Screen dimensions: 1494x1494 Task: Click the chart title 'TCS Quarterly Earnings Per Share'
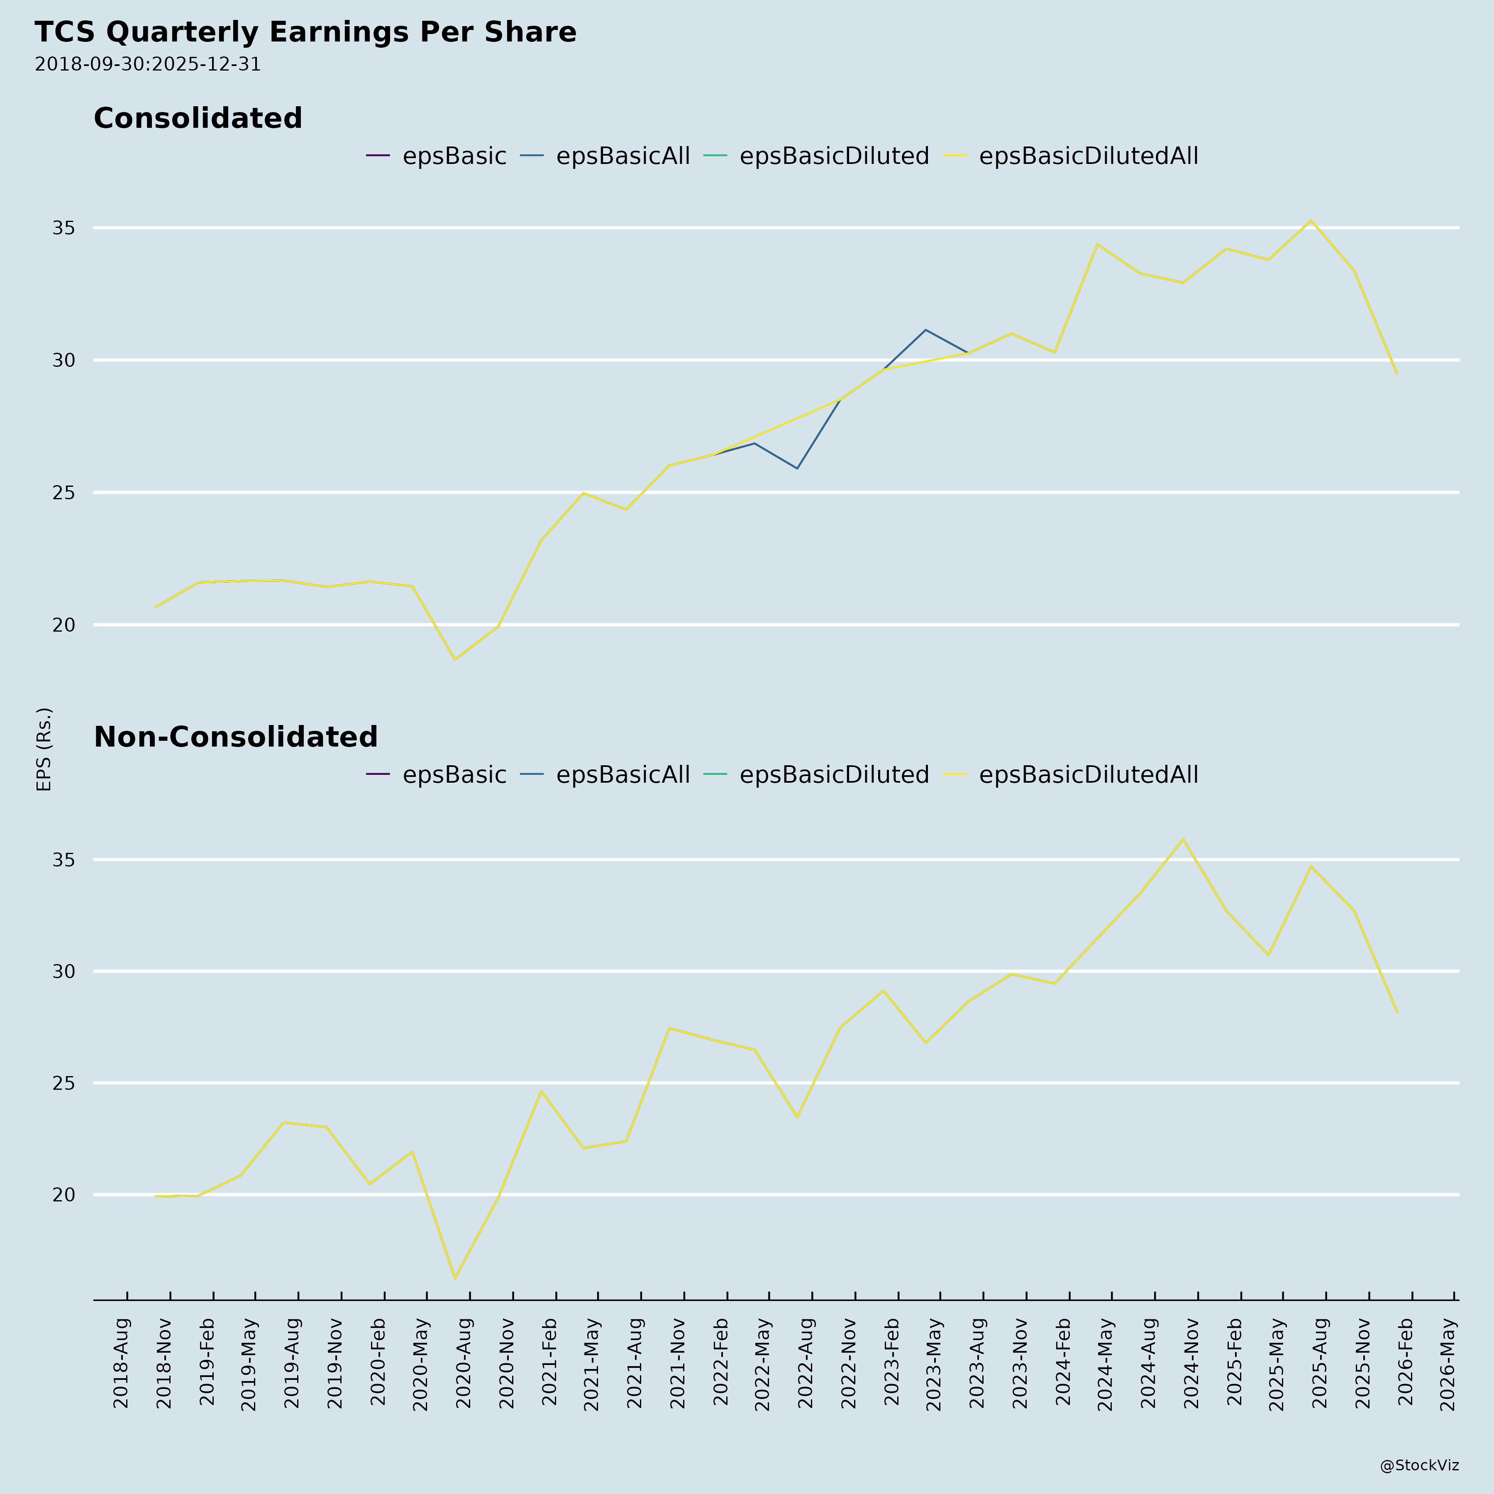coord(305,32)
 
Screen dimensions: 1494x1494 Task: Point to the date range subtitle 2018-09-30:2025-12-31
coord(148,64)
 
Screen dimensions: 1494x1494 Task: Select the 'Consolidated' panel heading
coord(198,118)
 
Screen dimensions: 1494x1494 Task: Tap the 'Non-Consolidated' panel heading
coord(236,737)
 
